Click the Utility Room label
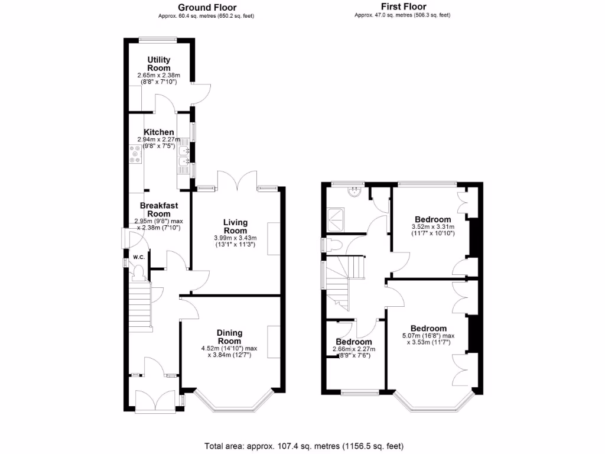click(x=159, y=64)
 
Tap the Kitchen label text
click(x=159, y=132)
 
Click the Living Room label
click(x=235, y=226)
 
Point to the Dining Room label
click(x=229, y=337)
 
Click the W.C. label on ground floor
click(x=139, y=257)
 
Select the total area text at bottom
click(x=304, y=446)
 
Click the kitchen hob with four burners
click(x=135, y=155)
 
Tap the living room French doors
click(x=237, y=180)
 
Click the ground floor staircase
click(x=140, y=304)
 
